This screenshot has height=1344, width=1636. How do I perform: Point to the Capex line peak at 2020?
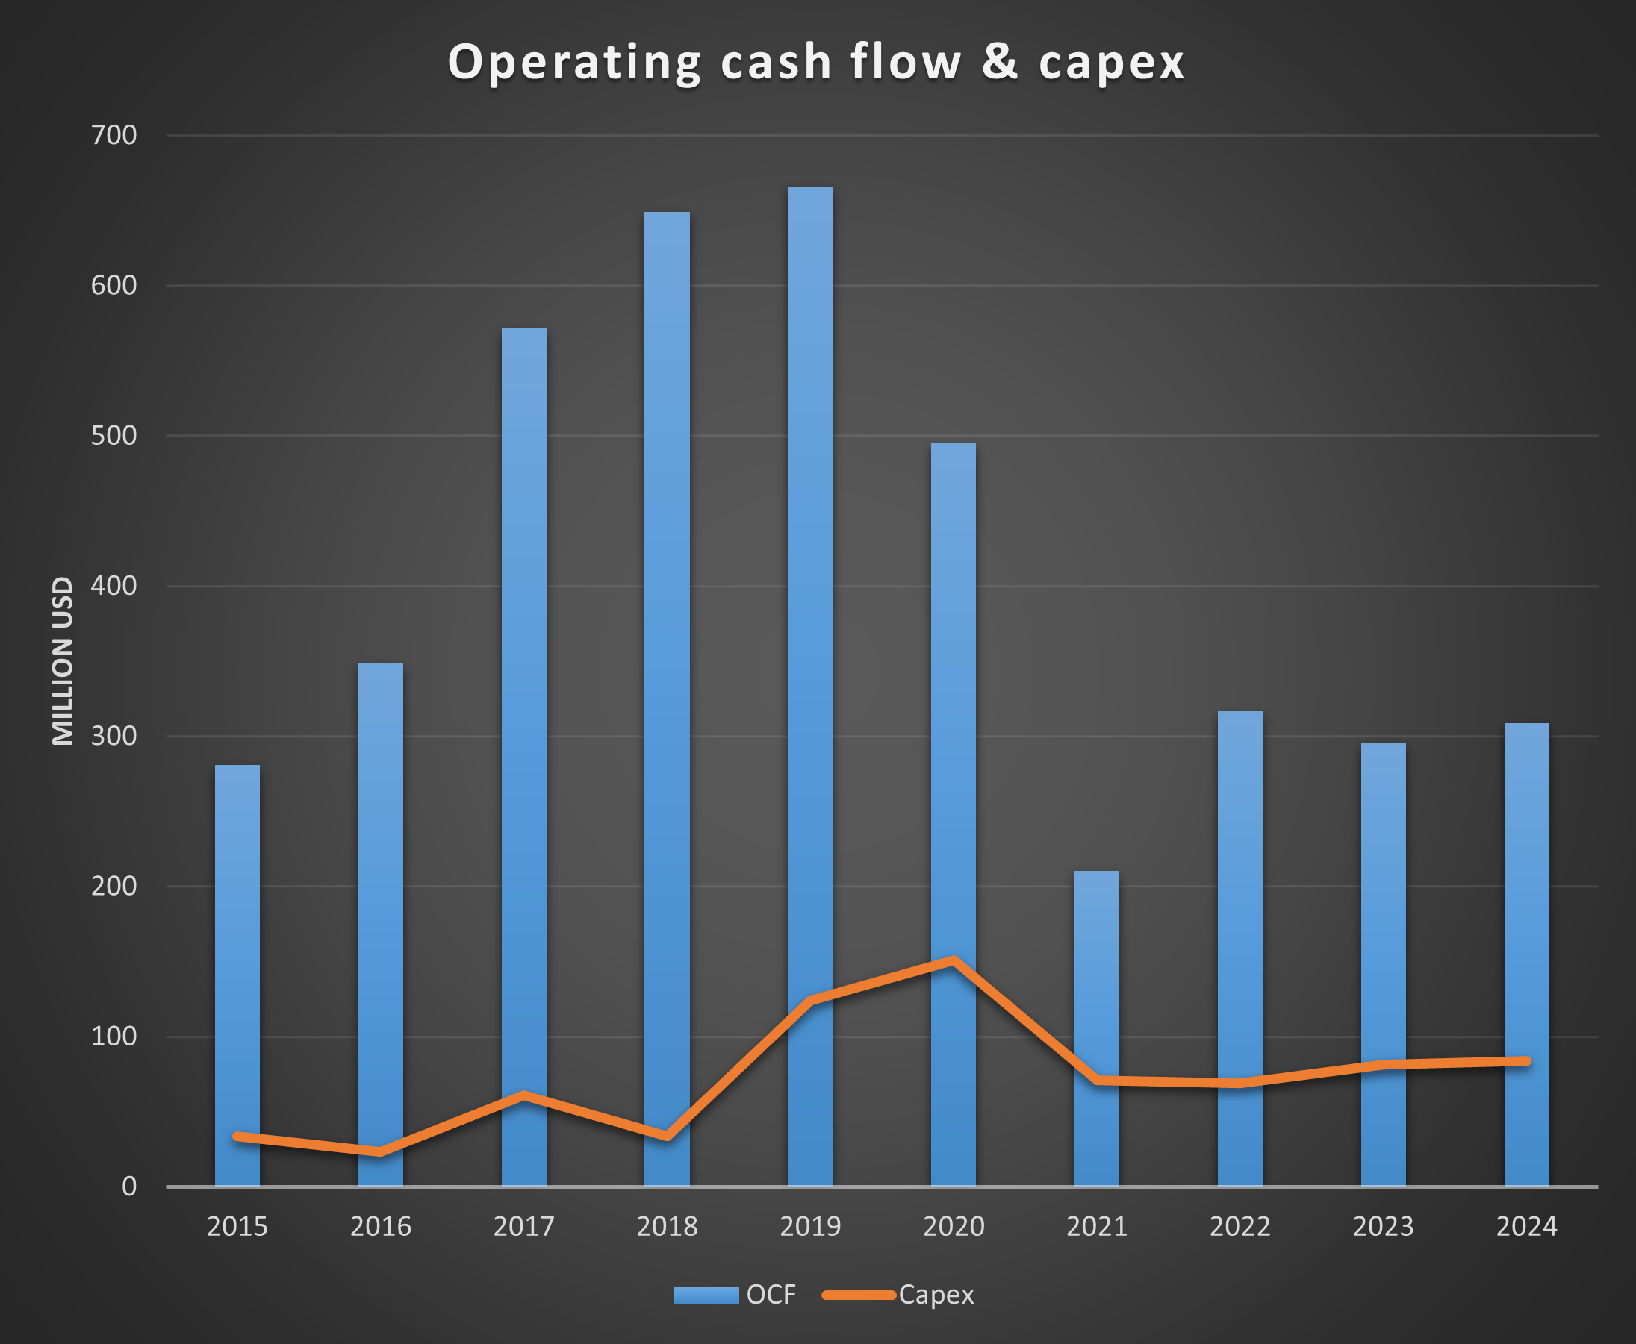[x=954, y=960]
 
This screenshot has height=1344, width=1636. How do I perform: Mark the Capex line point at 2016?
[x=380, y=1151]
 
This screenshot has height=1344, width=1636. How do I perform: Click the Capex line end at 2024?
[x=1526, y=1061]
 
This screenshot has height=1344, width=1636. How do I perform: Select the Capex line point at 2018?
[x=667, y=1136]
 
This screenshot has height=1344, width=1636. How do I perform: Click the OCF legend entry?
[x=733, y=1295]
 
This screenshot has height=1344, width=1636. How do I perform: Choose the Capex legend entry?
[x=898, y=1295]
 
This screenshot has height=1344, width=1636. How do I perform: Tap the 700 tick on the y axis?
[x=113, y=136]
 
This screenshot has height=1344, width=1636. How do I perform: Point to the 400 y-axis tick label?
[x=113, y=586]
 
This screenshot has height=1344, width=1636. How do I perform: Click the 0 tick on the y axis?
[x=128, y=1187]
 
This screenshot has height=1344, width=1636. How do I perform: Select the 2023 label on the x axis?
[x=1383, y=1227]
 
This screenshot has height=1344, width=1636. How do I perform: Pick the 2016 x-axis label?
[x=380, y=1227]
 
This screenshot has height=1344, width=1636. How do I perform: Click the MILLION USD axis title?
[x=63, y=661]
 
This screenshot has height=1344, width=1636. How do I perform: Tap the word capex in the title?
[x=1111, y=62]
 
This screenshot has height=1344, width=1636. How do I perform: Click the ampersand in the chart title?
[x=999, y=61]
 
